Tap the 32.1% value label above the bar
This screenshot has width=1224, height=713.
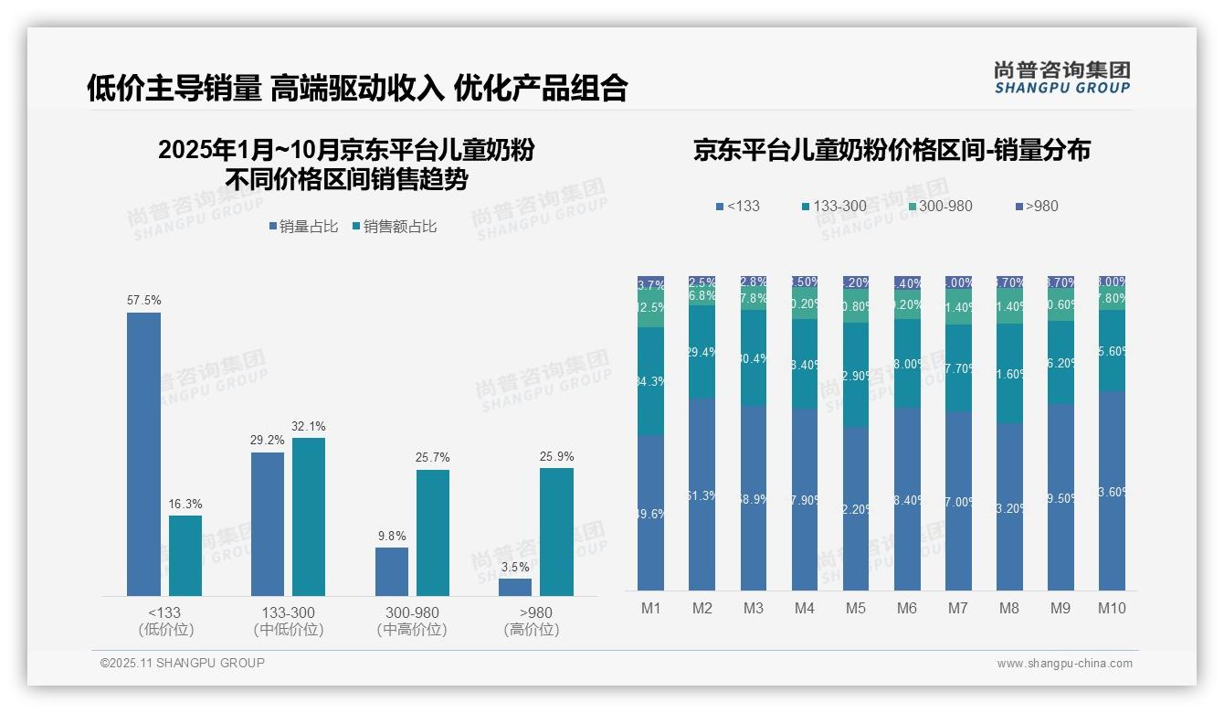[309, 426]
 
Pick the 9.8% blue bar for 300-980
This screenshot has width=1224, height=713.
[392, 571]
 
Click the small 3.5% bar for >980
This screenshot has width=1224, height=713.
[515, 587]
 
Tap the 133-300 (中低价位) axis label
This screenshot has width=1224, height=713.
[289, 621]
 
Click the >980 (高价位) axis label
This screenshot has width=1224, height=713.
[532, 621]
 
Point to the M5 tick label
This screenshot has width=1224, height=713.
[855, 608]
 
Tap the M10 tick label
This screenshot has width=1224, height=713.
[1111, 608]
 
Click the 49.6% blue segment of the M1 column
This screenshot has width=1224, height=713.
[651, 513]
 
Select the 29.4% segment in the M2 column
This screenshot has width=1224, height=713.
[702, 352]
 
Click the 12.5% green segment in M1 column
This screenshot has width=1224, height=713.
[651, 309]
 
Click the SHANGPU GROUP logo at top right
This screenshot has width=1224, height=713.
[1061, 77]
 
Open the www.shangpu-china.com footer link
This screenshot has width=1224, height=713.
[1064, 664]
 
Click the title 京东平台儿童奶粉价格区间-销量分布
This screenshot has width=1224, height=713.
[892, 151]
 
